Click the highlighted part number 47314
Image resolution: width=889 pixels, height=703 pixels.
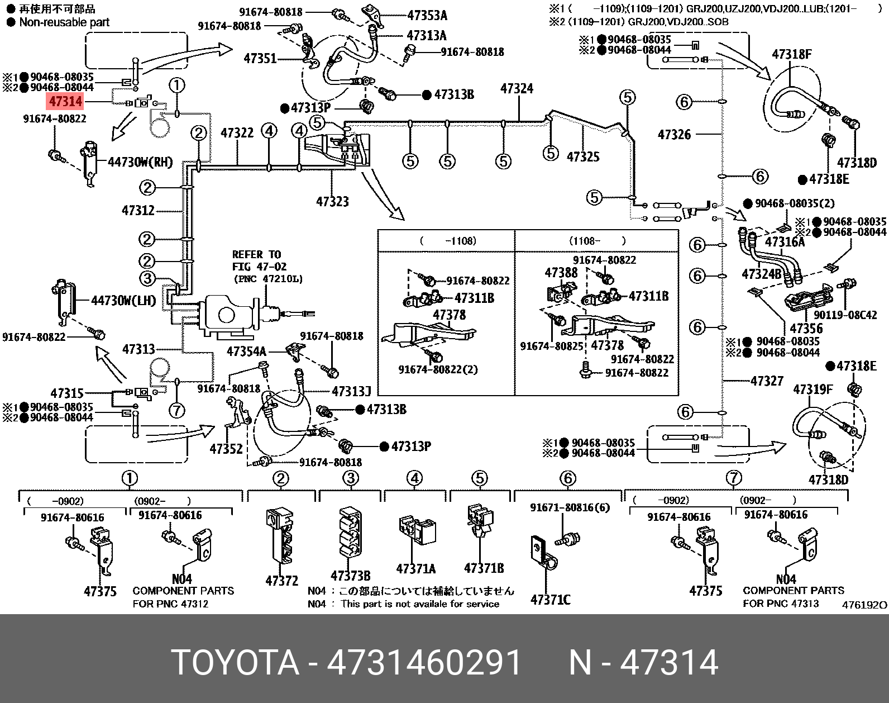pos(65,102)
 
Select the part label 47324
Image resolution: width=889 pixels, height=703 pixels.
pos(517,89)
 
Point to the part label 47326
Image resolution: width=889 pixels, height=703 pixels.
pos(674,135)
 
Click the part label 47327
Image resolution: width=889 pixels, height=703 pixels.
pos(767,381)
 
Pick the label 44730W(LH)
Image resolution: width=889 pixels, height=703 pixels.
pos(124,301)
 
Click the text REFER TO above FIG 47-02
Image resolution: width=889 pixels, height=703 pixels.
pos(256,255)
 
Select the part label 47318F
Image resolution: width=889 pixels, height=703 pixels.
pos(791,54)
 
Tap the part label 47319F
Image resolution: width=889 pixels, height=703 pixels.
pos(812,389)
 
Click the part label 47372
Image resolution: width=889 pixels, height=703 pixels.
pos(281,581)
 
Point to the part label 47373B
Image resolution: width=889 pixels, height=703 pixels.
pos(350,576)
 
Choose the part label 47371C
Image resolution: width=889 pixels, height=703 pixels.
pos(550,600)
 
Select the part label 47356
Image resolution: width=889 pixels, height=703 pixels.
pos(806,329)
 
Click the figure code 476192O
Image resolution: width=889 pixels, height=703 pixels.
pos(864,605)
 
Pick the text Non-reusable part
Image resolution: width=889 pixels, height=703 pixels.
pos(64,22)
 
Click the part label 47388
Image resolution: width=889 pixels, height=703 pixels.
pos(561,273)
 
